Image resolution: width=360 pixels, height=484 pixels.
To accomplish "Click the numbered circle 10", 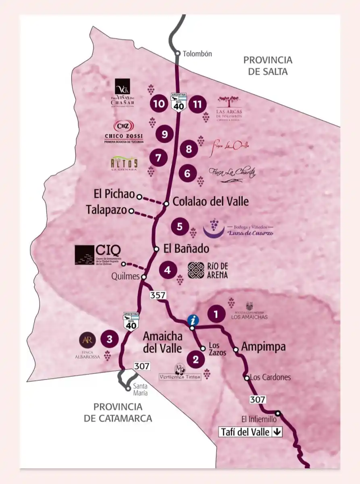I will [159, 104].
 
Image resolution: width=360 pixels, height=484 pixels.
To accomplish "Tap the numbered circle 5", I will [180, 227].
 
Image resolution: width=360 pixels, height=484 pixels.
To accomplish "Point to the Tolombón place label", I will [197, 54].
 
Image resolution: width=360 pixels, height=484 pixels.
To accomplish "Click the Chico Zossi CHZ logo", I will [124, 126].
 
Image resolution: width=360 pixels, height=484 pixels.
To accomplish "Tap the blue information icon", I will [194, 320].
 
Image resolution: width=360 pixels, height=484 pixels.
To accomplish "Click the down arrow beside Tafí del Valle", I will [277, 432].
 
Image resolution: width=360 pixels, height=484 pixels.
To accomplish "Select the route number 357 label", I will [158, 295].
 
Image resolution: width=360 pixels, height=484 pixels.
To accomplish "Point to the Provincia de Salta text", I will [268, 66].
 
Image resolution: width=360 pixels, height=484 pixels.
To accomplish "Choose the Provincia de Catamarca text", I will [118, 412].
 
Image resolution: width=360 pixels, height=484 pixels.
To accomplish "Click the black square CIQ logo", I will [84, 255].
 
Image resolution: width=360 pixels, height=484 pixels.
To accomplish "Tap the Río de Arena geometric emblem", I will [196, 270].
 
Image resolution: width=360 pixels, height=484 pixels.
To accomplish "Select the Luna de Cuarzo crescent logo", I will [214, 228].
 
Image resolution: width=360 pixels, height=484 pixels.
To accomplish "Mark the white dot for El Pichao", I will [139, 197].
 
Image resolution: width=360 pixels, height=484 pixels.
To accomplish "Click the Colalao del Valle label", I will [210, 201].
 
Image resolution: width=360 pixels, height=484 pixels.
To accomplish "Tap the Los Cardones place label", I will [270, 378].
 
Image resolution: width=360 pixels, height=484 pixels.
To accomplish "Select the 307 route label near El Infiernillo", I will [258, 399].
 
